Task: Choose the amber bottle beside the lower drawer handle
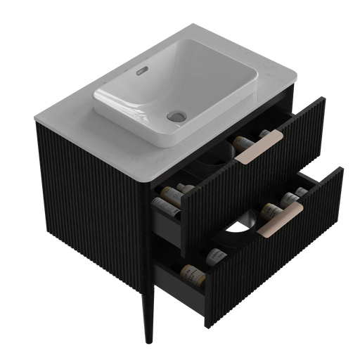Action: click(x=271, y=209)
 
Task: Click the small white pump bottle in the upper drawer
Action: click(x=263, y=134)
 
